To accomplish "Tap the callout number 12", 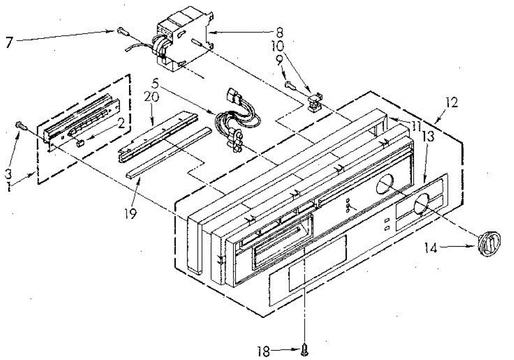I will (452, 103).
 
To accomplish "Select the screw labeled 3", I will (21, 125).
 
